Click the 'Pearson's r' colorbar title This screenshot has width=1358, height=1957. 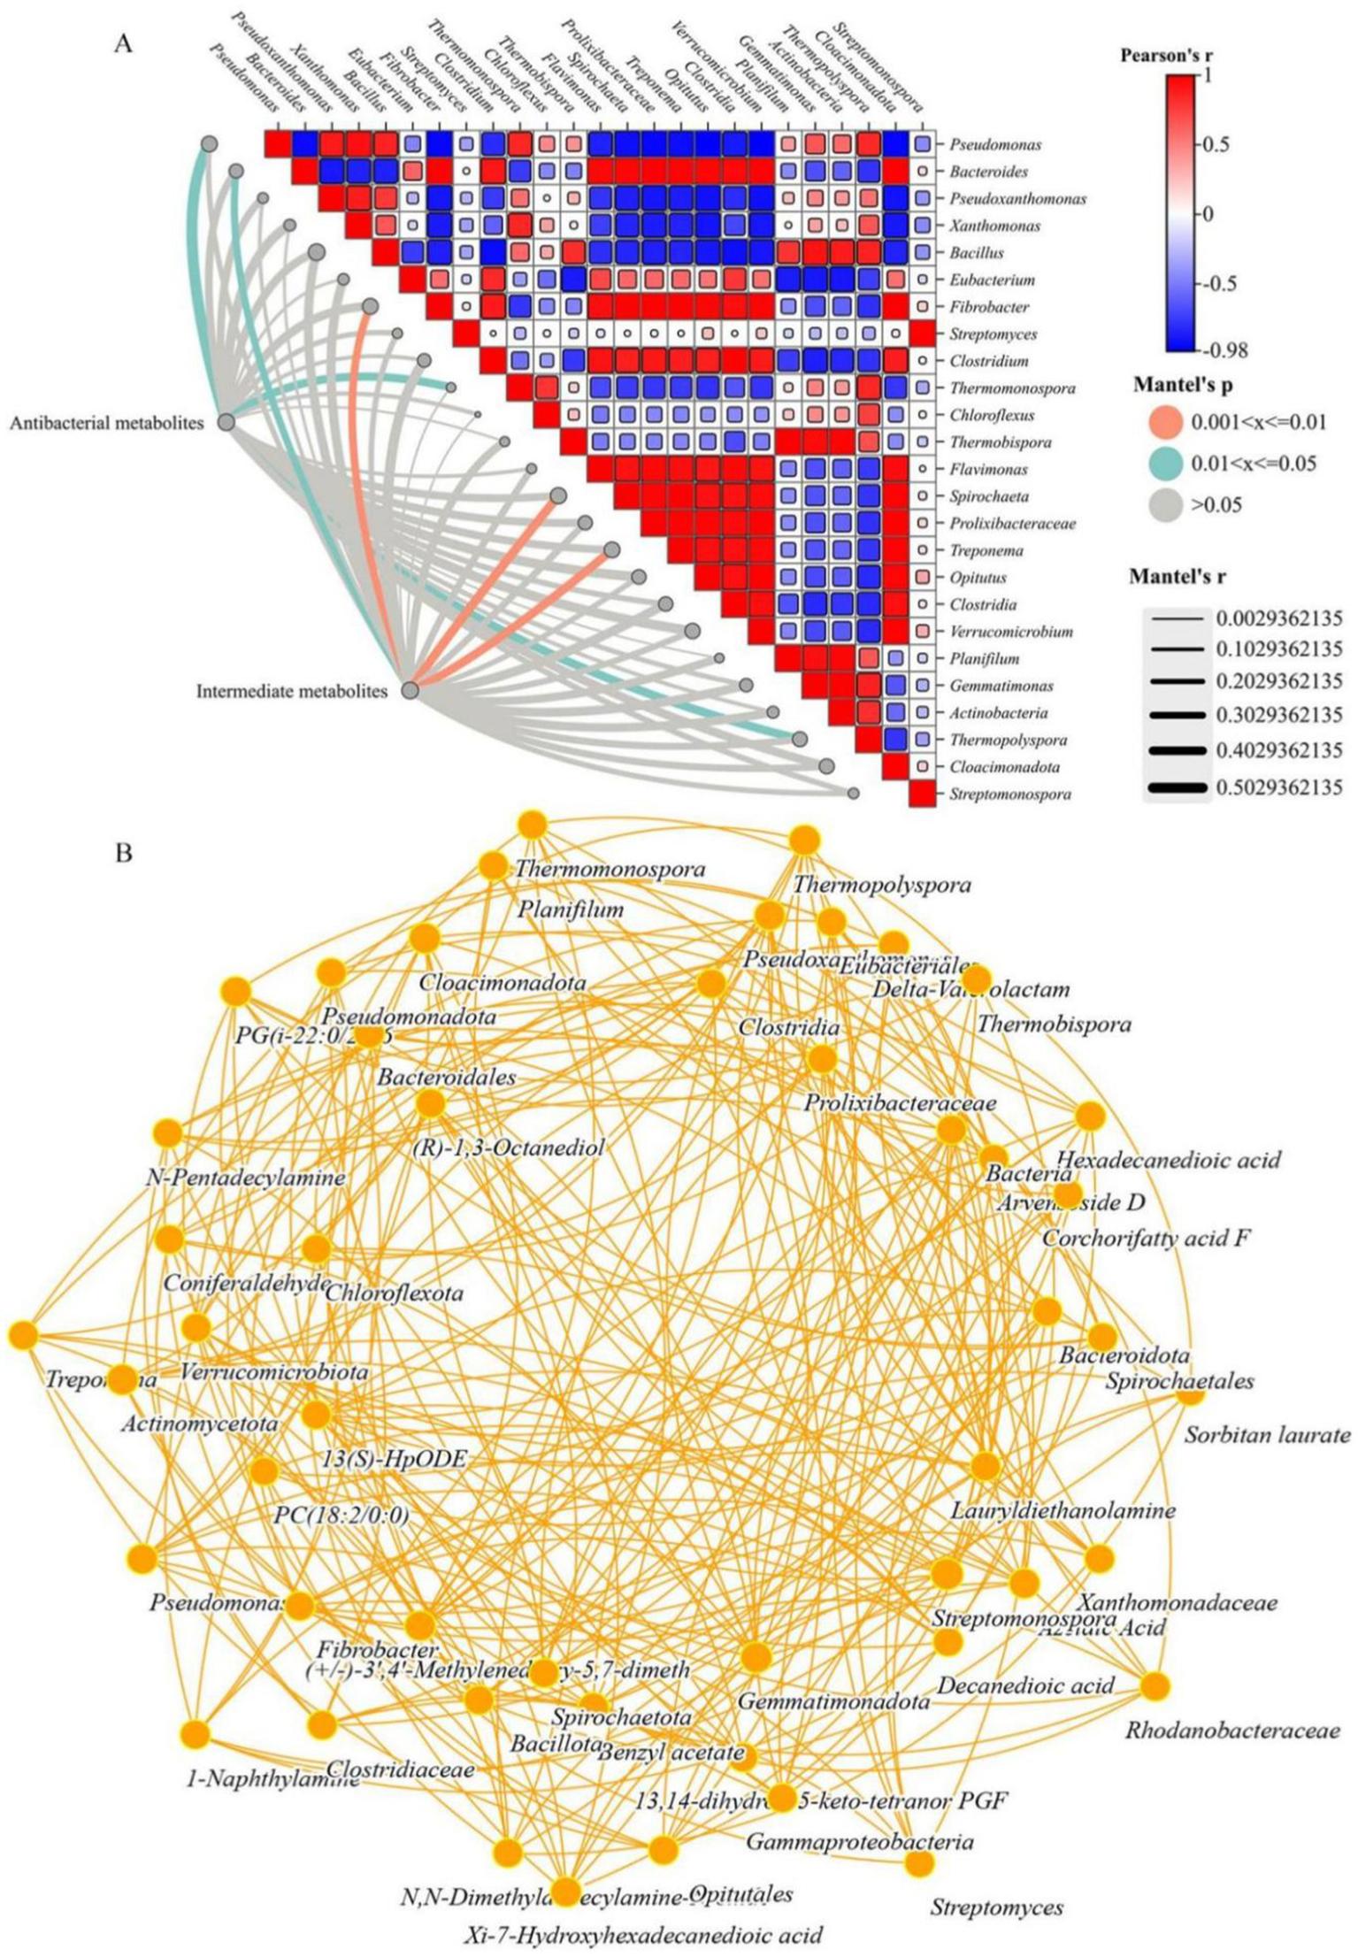coord(1166,55)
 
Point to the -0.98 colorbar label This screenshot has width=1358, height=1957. coord(1222,350)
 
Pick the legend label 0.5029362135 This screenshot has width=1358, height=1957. coord(1279,787)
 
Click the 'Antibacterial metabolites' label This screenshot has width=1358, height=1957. coord(107,424)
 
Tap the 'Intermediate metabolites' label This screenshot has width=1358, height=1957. coord(292,691)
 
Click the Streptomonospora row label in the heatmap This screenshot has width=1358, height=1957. coord(1009,794)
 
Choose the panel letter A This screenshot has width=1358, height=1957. coord(123,43)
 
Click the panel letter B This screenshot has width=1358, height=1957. coord(124,854)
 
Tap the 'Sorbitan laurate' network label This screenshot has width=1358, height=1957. coord(1267,1435)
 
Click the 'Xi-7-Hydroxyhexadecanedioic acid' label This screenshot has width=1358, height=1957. coord(643,1935)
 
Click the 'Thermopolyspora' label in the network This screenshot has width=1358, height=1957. coord(881,885)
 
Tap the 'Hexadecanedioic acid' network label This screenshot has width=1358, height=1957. coord(1168,1160)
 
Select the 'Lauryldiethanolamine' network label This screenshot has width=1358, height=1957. coord(1063,1510)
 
